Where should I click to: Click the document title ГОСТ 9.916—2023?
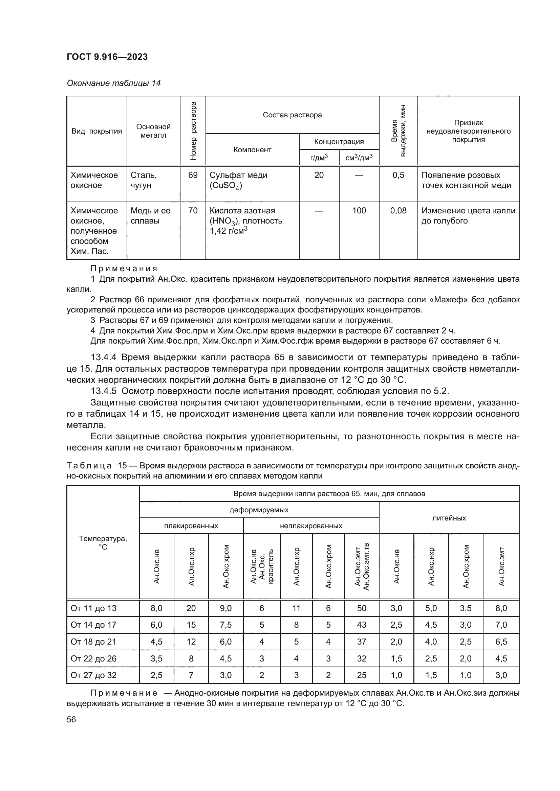[x=107, y=57]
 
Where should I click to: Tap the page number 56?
[x=71, y=720]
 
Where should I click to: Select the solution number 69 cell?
[x=192, y=175]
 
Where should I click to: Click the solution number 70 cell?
[x=192, y=210]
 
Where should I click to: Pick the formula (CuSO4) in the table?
[x=226, y=186]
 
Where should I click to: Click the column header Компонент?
[x=252, y=149]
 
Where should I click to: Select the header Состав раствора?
[x=292, y=115]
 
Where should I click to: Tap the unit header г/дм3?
[x=319, y=158]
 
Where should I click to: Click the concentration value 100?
[x=359, y=210]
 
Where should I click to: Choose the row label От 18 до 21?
[x=93, y=642]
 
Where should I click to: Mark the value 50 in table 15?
[x=361, y=608]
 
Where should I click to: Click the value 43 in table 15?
[x=361, y=625]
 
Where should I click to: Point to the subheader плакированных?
[x=191, y=526]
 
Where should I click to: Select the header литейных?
[x=449, y=518]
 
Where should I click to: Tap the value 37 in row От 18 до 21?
[x=361, y=642]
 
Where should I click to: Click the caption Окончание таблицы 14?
[x=113, y=83]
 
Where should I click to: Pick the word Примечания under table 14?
[x=124, y=269]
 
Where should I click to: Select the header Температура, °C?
[x=103, y=542]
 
